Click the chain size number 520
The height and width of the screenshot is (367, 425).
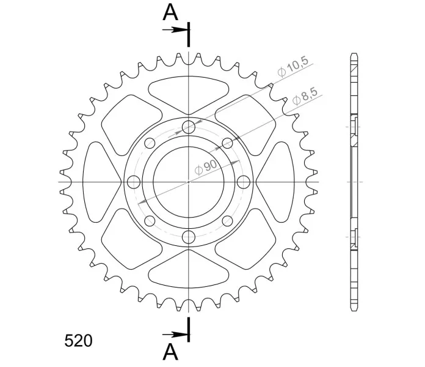(x=78, y=341)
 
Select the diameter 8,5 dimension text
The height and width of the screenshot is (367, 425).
(x=305, y=97)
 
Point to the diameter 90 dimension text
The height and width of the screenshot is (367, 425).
(x=206, y=167)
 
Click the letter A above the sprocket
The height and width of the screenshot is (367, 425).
(x=170, y=13)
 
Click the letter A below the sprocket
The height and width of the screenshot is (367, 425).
(x=170, y=352)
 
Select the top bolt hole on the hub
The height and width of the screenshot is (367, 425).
(x=189, y=127)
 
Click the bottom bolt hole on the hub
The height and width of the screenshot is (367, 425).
(x=189, y=237)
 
